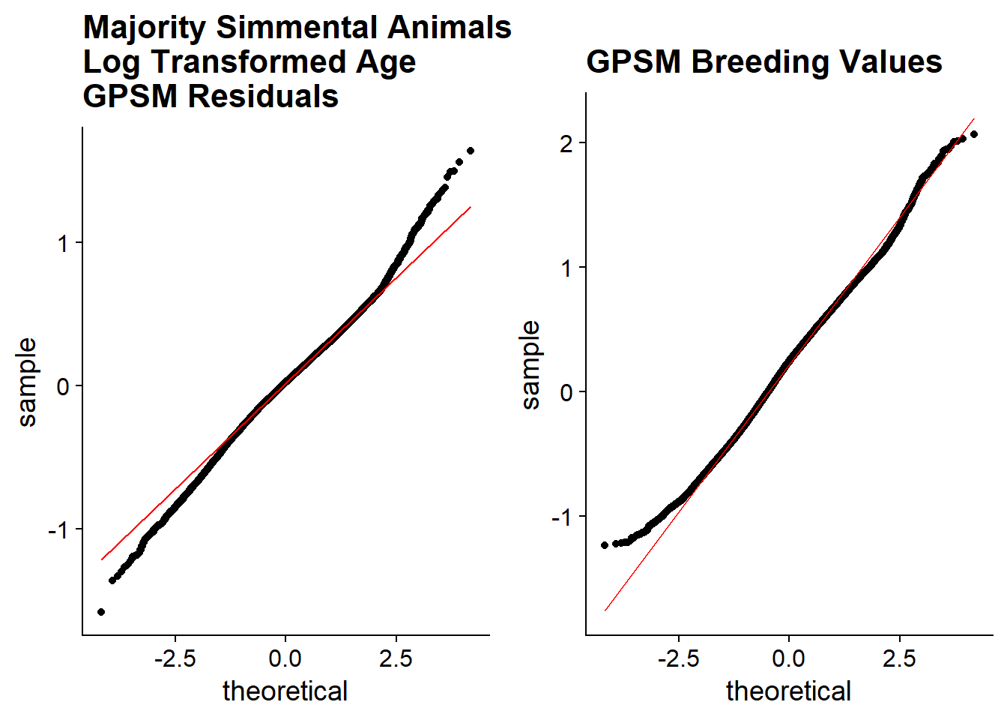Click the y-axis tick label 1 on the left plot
pos(63,244)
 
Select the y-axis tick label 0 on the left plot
pos(63,387)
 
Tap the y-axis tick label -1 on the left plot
pos(58,530)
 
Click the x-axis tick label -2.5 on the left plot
pos(175,659)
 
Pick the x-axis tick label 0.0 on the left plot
pos(285,659)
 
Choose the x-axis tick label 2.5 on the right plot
pos(899,659)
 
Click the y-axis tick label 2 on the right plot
pos(566,143)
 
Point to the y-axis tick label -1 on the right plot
pos(561,517)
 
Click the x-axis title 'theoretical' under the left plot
pos(285,691)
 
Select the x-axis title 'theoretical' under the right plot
pos(789,691)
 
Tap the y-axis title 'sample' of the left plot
pos(27,382)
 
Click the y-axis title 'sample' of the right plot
pos(530,365)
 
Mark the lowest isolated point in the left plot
pos(101,612)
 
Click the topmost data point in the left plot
pos(471,151)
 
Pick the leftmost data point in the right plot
pos(605,545)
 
